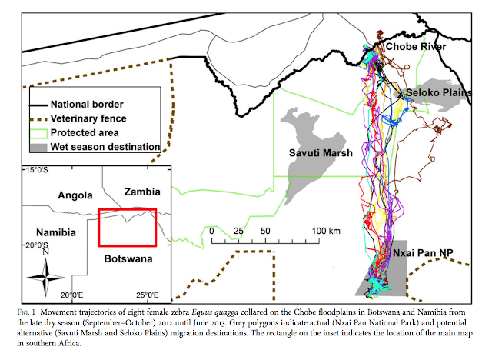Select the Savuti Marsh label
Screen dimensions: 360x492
321,153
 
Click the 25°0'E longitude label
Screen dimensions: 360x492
147,295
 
